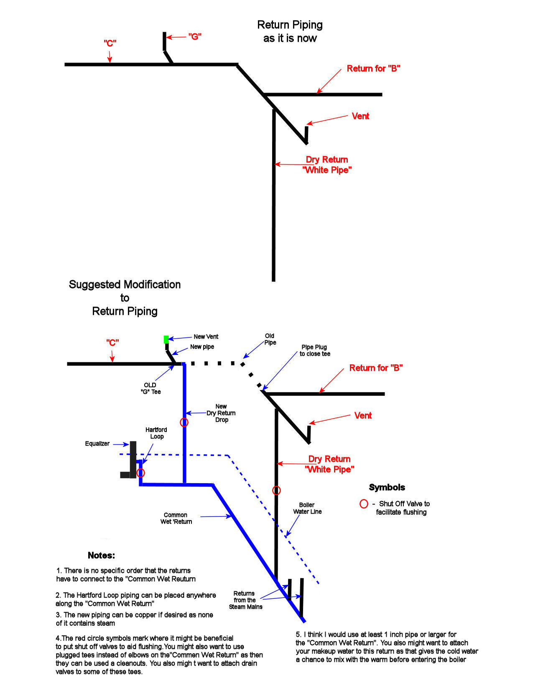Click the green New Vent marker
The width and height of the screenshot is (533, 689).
click(x=166, y=339)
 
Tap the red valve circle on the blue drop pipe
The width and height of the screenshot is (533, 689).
click(x=184, y=422)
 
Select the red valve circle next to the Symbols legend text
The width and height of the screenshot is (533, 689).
click(x=364, y=504)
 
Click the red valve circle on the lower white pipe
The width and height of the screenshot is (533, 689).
click(x=276, y=490)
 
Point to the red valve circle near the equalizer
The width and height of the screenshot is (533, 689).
click(x=141, y=473)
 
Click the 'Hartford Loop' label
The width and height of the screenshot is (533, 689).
click(x=156, y=433)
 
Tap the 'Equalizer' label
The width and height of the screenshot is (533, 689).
click(x=97, y=443)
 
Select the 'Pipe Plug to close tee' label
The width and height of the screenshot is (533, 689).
click(x=315, y=350)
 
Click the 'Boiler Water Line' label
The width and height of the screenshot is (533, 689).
click(x=307, y=508)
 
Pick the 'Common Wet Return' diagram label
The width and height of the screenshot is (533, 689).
click(x=176, y=518)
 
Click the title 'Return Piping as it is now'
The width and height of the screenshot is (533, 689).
click(x=290, y=31)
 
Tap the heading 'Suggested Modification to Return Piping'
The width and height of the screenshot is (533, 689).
click(x=125, y=298)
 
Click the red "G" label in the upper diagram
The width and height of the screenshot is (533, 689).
click(x=195, y=37)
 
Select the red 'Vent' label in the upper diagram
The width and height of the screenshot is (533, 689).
click(x=360, y=116)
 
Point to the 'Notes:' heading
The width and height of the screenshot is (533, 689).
click(x=101, y=555)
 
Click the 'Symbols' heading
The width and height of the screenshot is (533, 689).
click(x=387, y=487)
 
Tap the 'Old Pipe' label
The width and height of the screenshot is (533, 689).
click(x=270, y=339)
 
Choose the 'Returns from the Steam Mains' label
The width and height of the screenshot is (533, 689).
click(x=245, y=600)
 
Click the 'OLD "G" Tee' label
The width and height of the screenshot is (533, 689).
click(x=150, y=388)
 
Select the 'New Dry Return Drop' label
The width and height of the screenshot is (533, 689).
click(x=221, y=413)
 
